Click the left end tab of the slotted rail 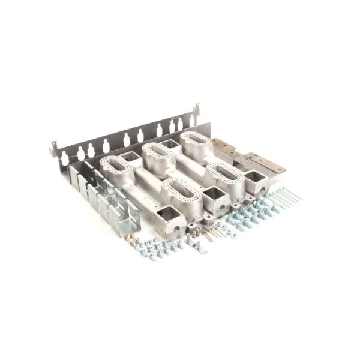(x=53, y=146)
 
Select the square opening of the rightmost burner (x=254, y=178)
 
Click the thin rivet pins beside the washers (x=207, y=232)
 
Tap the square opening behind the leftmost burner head (x=131, y=157)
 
